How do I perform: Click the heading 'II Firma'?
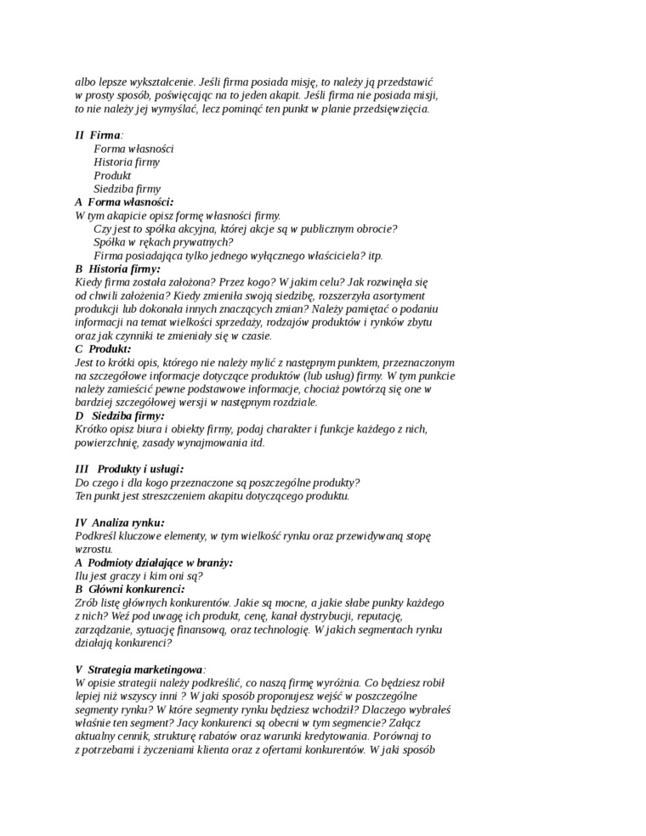[99, 135]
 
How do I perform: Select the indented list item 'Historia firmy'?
[127, 161]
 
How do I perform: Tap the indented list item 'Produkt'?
[112, 175]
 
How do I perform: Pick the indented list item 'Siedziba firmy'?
[127, 189]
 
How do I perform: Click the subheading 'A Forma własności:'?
[124, 202]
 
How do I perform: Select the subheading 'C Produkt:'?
[103, 348]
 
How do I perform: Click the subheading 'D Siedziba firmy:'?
[119, 415]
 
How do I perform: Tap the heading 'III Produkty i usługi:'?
[129, 469]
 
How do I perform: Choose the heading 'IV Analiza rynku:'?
[120, 522]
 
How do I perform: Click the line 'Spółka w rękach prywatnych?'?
[151, 242]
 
